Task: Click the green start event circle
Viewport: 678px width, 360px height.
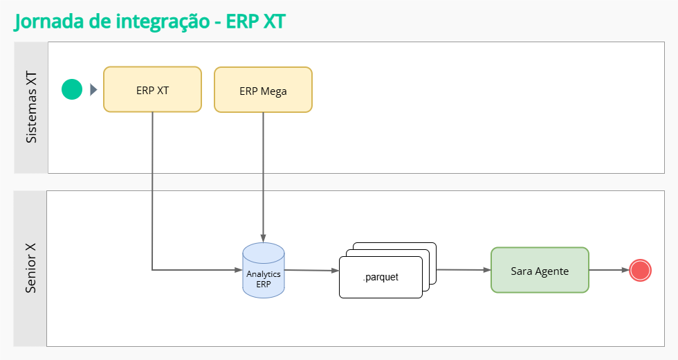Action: click(72, 89)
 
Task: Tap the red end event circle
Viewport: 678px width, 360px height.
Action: click(641, 270)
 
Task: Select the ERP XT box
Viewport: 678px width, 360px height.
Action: click(152, 89)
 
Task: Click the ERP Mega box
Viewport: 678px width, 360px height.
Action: click(263, 90)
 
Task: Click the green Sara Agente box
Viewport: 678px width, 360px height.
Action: click(540, 270)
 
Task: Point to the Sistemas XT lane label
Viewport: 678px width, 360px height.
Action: click(31, 107)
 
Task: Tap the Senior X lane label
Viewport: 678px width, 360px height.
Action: click(31, 268)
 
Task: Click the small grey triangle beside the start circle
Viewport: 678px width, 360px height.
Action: click(93, 89)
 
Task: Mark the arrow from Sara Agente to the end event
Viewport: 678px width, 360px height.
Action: click(609, 270)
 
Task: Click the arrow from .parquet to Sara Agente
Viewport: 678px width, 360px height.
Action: click(464, 270)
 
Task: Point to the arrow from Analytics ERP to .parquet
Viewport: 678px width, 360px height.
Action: click(311, 271)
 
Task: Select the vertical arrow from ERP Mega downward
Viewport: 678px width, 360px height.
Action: click(263, 173)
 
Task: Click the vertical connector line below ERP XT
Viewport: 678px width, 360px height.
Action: click(152, 187)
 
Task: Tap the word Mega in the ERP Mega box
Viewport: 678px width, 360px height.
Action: click(274, 91)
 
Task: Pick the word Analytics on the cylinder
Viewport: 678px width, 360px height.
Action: click(264, 273)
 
